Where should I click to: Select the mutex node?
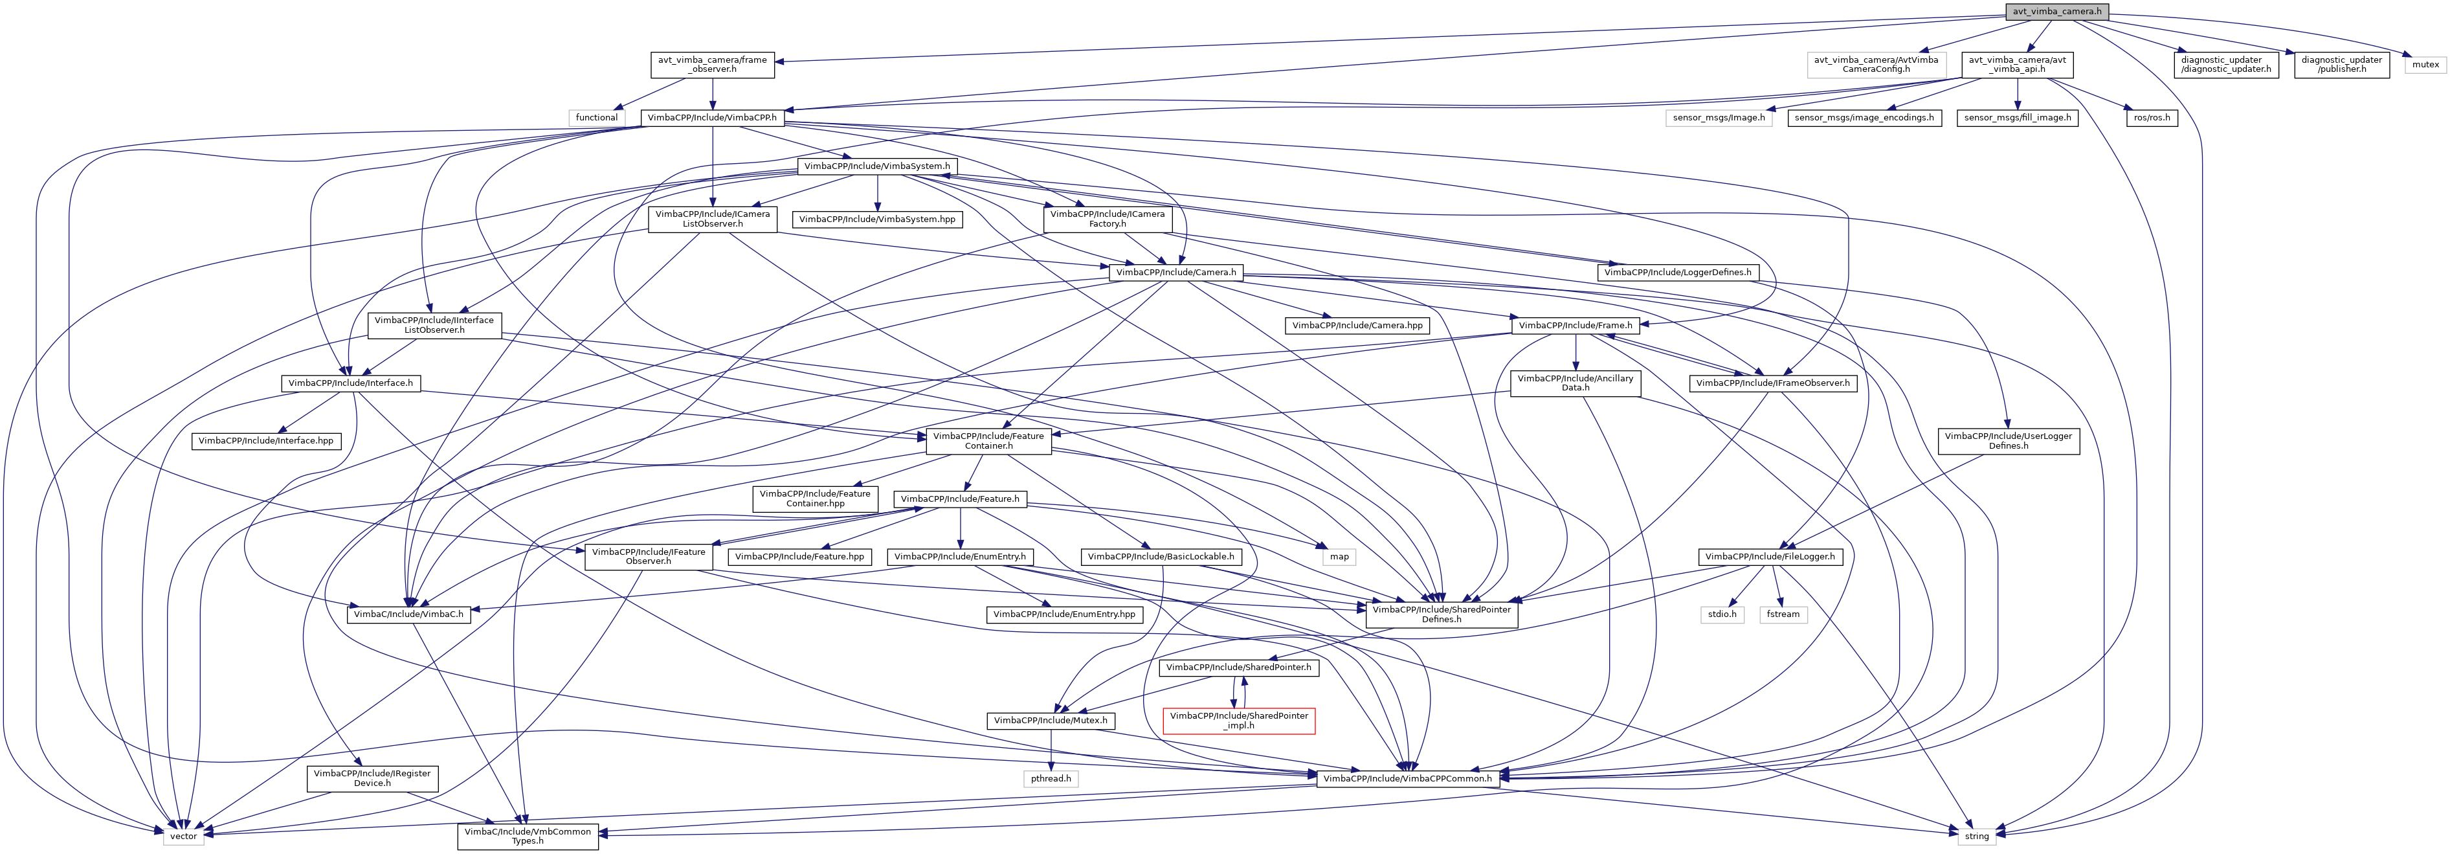(2425, 65)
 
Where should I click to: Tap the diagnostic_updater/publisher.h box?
(2341, 65)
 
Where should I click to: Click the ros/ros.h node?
(2152, 118)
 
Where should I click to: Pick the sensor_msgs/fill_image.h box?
(2017, 118)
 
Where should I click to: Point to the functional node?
(596, 118)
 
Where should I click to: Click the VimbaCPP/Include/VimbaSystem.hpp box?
(877, 219)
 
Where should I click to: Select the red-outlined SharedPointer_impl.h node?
(1238, 720)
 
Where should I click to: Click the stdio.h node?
(1721, 614)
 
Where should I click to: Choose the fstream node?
(1783, 614)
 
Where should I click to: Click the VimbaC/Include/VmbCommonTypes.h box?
(528, 836)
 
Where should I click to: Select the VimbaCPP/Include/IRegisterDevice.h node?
(372, 778)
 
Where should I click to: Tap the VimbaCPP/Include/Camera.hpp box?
(1357, 325)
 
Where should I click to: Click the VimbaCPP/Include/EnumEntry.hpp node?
(1064, 614)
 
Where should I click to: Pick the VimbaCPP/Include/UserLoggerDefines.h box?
(2008, 440)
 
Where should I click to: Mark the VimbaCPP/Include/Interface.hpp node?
(266, 440)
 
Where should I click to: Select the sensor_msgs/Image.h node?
(1719, 118)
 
